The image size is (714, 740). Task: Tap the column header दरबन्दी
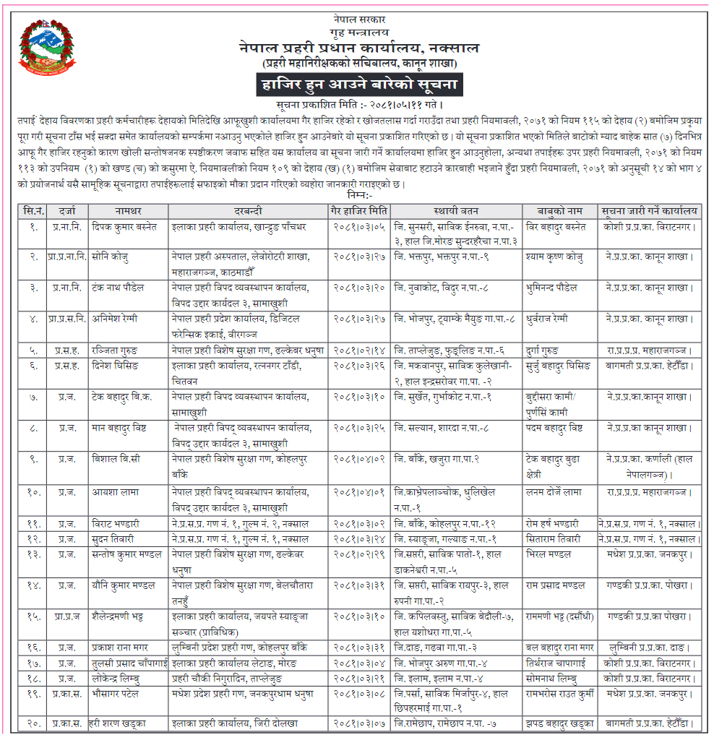click(249, 212)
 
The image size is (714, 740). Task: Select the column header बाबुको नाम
click(559, 212)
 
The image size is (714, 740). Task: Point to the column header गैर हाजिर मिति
click(359, 212)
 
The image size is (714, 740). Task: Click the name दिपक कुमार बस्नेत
click(125, 227)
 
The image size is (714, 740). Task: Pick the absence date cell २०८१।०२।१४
click(359, 350)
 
